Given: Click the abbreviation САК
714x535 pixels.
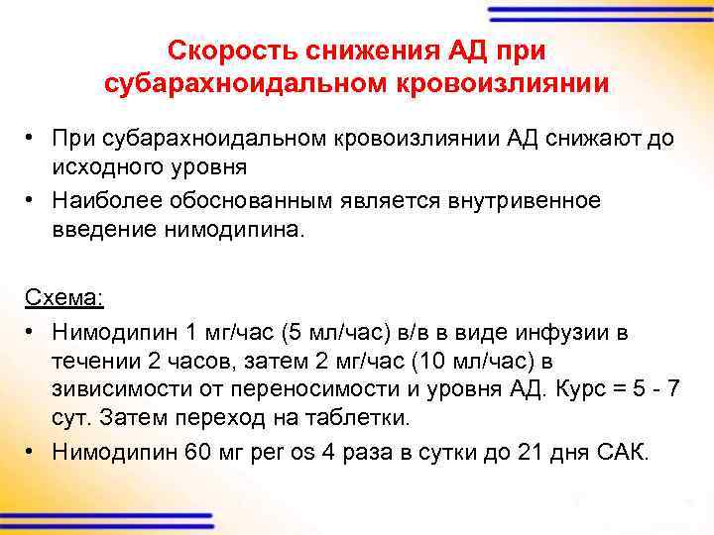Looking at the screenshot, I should [621, 453].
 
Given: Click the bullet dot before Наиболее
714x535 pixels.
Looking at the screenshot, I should [33, 201].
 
